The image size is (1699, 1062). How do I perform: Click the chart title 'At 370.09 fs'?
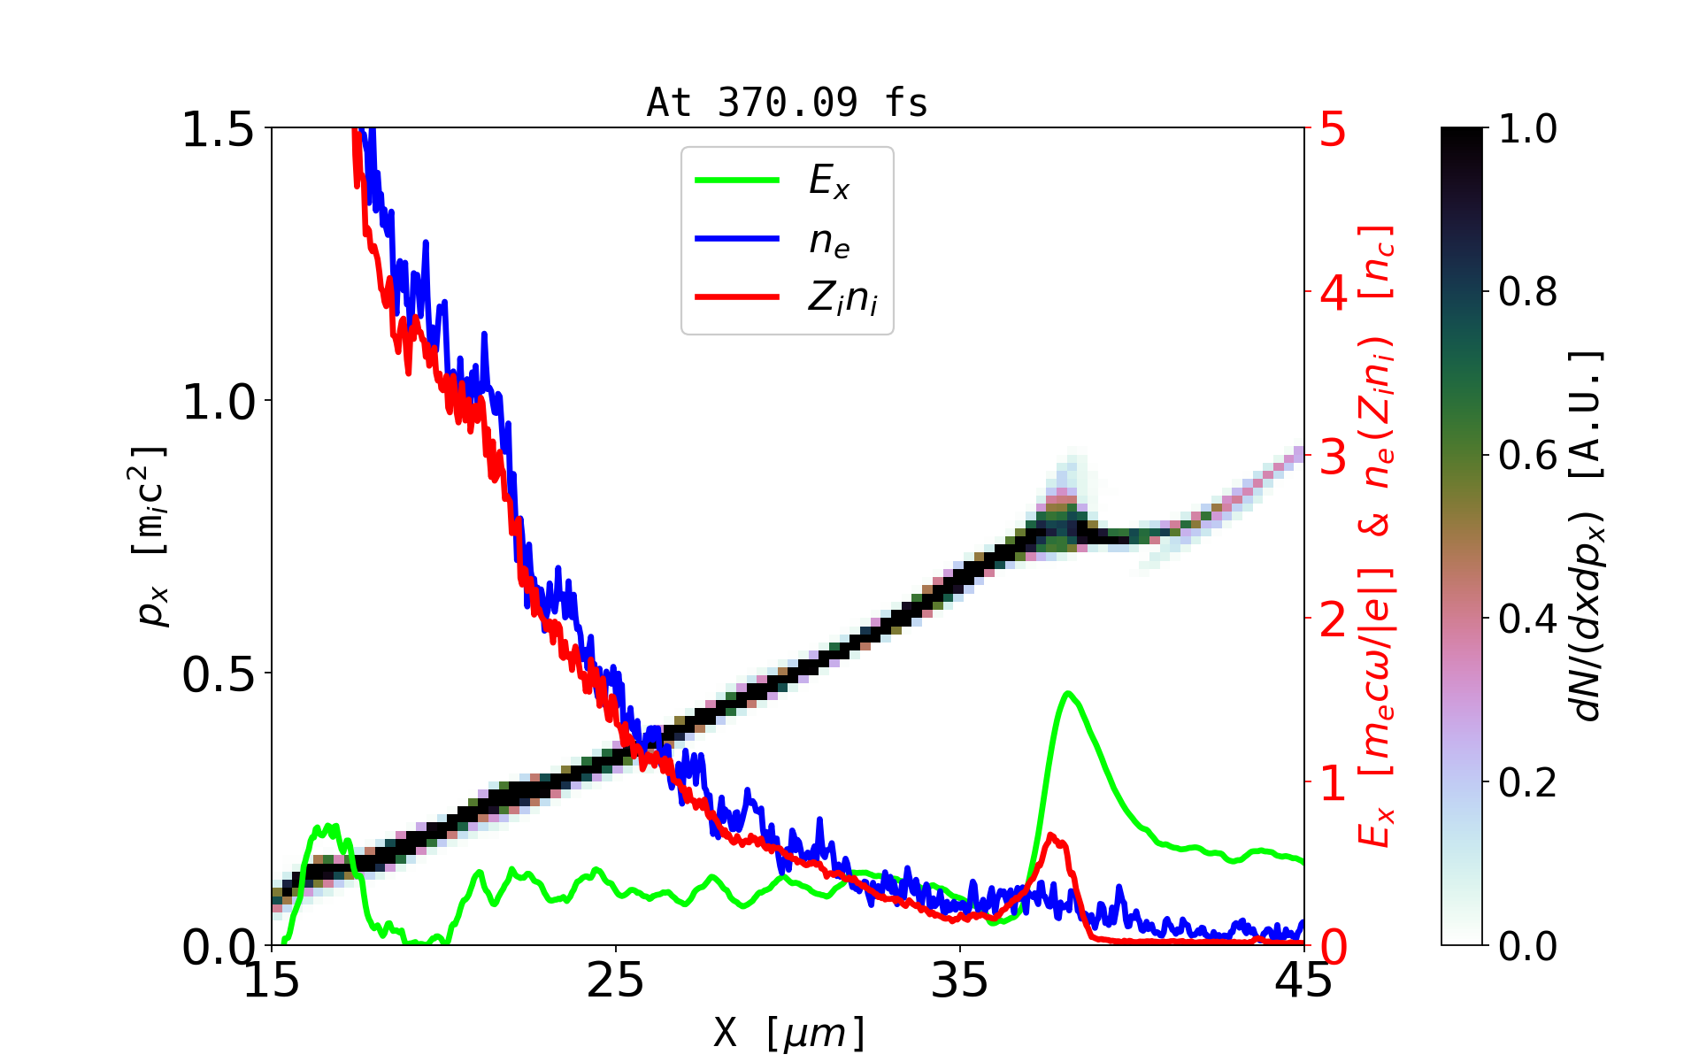(x=787, y=103)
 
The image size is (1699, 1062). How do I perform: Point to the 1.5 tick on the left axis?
(x=218, y=129)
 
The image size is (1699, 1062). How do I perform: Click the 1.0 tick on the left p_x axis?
(x=218, y=402)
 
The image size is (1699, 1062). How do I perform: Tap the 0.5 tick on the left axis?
(x=218, y=674)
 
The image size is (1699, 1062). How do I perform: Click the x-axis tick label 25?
(x=616, y=981)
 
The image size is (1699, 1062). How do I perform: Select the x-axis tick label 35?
(x=960, y=981)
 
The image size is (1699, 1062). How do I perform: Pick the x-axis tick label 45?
(x=1304, y=981)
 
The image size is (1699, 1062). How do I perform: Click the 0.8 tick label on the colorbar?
(x=1527, y=291)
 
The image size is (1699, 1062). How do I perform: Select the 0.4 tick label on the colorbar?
(x=1527, y=619)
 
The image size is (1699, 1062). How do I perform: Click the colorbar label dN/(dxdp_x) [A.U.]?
(x=1589, y=536)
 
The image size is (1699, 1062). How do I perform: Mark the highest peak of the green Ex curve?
(x=1069, y=693)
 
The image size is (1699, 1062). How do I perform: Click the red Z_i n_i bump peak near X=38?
(x=1051, y=835)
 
